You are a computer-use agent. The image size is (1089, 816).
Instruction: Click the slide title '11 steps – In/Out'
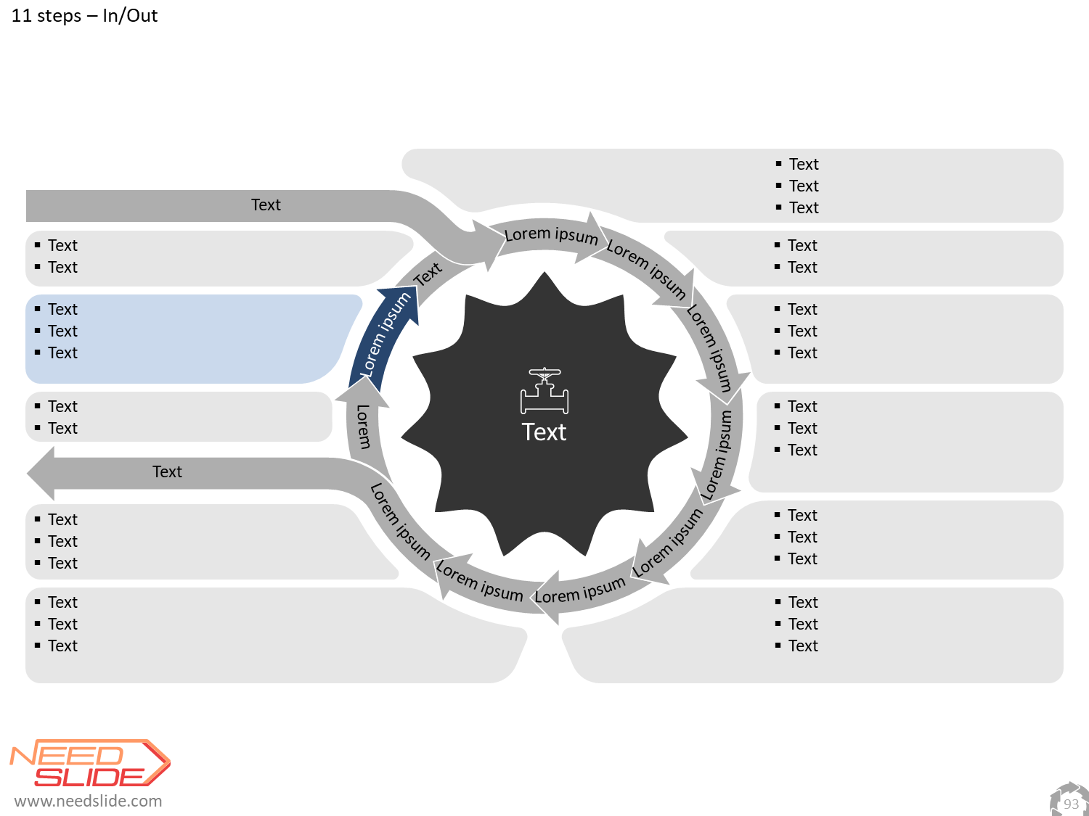(x=84, y=15)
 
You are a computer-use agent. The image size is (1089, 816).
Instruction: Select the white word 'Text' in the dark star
(x=544, y=432)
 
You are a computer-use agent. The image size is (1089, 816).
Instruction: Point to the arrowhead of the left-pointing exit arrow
(x=41, y=473)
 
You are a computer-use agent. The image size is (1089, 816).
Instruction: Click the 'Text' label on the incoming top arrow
(x=266, y=205)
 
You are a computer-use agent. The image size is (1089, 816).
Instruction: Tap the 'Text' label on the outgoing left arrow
(x=167, y=471)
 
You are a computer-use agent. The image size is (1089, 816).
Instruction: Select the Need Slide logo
(x=90, y=763)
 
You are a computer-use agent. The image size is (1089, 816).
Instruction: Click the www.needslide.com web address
(x=89, y=801)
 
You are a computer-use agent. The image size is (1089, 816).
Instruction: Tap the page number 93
(x=1071, y=804)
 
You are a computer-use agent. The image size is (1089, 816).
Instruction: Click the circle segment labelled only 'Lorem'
(x=363, y=426)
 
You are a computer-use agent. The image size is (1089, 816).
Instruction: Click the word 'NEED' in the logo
(x=67, y=756)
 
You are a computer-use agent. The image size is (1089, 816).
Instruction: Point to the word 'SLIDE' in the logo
(x=89, y=777)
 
